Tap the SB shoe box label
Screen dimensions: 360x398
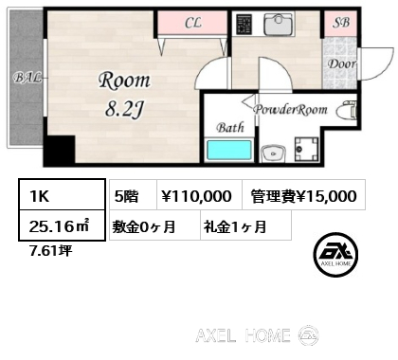339,22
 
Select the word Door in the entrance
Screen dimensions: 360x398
341,65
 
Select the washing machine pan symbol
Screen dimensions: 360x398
308,150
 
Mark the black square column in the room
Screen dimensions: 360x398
62,150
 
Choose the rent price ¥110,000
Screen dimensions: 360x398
196,196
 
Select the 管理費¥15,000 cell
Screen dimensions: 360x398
303,196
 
